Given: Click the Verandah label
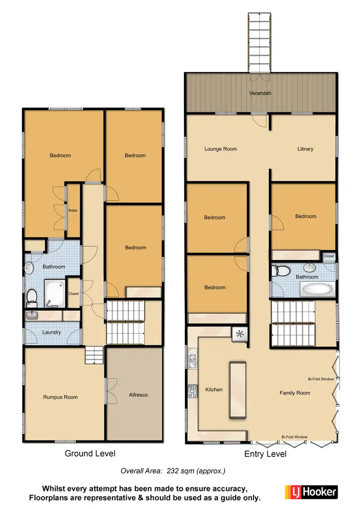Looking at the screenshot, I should point(260,93).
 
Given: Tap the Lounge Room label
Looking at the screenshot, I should point(220,149).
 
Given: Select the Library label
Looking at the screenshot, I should point(305,149).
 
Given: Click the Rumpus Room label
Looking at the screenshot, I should point(60,397).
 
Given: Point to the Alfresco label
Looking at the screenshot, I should point(138,395).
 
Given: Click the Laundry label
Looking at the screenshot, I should point(51,332).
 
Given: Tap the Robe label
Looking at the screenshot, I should point(72,210).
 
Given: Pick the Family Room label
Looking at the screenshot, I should point(295,393).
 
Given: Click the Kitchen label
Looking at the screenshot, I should point(214,389).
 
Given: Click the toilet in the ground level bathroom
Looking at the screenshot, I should point(32,297).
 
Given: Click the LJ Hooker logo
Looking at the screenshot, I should point(312,492).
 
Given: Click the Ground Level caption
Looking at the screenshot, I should point(90,453).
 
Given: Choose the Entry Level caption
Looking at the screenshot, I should point(265,454).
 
